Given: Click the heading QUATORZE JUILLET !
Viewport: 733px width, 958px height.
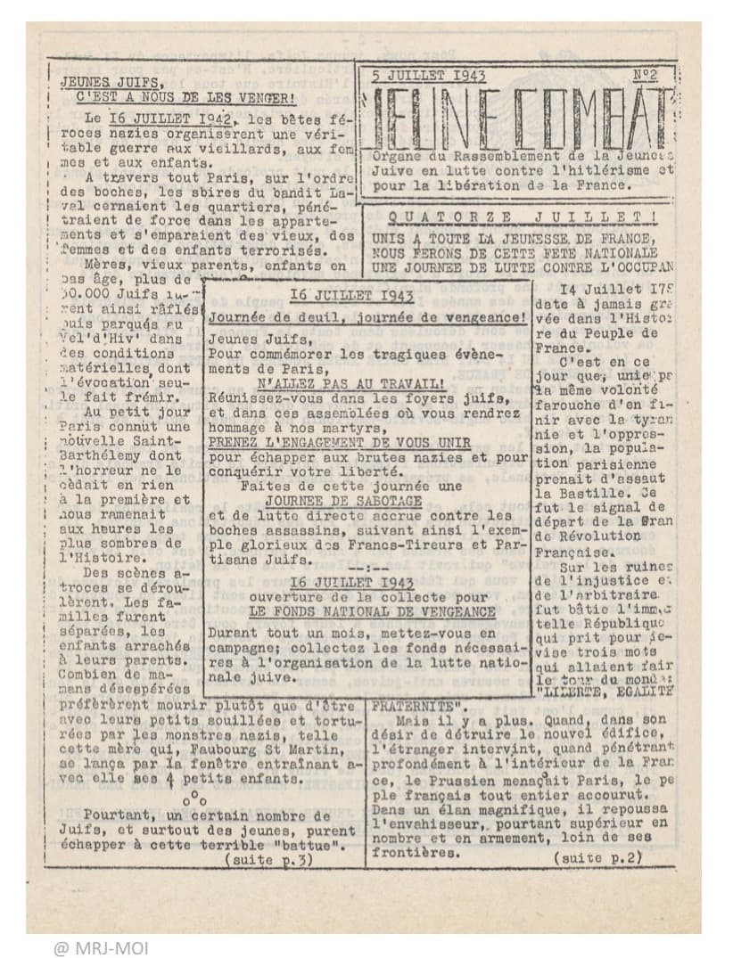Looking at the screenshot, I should click(529, 217).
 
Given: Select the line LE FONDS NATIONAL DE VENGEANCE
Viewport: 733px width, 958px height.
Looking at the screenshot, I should click(372, 612).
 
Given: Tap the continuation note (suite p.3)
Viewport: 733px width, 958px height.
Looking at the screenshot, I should click(270, 859).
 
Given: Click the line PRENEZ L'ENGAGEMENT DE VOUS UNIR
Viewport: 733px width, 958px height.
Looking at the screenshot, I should click(331, 441).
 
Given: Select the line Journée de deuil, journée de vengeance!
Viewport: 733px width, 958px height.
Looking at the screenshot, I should click(366, 316).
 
